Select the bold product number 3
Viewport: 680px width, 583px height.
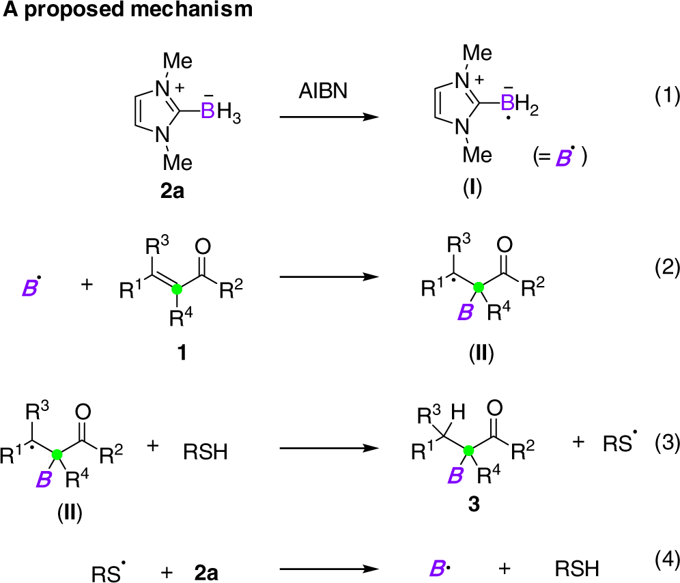[472, 504]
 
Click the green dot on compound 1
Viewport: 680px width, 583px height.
[177, 289]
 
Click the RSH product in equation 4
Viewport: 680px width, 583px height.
[578, 568]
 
